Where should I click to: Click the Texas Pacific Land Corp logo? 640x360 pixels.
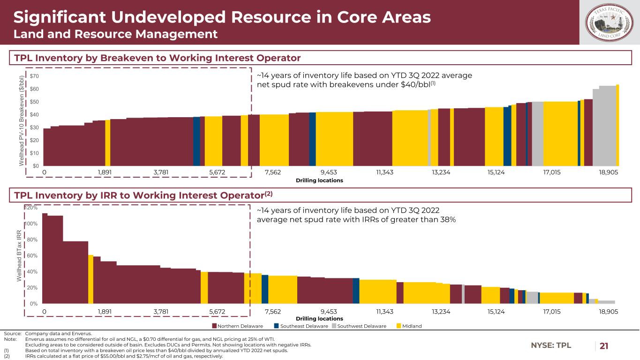coord(610,22)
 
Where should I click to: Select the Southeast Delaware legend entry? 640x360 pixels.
coord(300,326)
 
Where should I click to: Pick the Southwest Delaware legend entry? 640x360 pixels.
coord(358,326)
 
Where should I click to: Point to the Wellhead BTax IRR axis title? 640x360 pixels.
coord(20,255)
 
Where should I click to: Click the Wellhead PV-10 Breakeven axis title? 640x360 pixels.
coord(20,120)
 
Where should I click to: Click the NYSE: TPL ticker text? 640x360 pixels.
coord(551,346)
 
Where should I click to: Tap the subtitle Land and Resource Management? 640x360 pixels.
coord(115,34)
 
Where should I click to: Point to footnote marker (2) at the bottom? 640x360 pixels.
coord(7,356)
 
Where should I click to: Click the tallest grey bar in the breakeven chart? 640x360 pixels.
coord(607,126)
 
